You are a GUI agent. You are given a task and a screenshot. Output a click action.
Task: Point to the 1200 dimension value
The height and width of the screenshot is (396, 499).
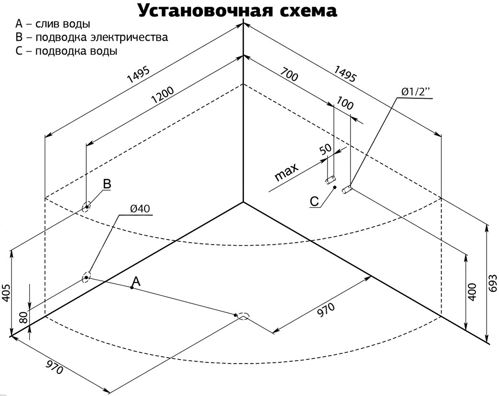tap(162, 98)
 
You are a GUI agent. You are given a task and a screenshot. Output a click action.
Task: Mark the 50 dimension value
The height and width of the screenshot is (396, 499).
tap(326, 148)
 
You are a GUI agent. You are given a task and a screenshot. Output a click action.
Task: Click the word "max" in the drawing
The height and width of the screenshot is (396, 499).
tap(286, 172)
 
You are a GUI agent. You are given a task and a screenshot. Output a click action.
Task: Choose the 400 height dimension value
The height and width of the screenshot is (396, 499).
tap(472, 292)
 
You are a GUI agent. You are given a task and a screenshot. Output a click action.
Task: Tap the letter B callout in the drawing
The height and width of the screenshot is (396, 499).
tap(107, 184)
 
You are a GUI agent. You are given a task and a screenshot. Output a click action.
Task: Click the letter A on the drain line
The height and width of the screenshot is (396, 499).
tap(136, 282)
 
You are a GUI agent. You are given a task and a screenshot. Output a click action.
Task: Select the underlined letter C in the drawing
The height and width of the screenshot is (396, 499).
tap(314, 202)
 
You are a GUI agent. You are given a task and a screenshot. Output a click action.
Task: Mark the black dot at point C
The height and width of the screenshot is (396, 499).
tap(335, 188)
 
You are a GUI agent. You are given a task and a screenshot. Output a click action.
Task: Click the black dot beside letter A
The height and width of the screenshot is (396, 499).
tap(131, 287)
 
